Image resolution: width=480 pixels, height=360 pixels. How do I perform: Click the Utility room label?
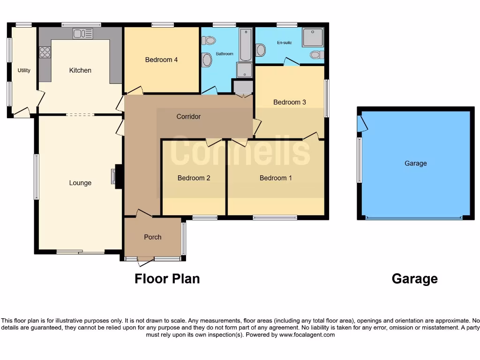[24, 70]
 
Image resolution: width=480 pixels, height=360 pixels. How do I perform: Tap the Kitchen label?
[80, 70]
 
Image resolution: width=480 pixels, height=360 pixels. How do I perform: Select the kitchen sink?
[83, 33]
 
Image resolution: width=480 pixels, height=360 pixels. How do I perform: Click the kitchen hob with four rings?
[45, 52]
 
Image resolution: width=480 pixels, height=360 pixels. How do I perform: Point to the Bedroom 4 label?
[161, 60]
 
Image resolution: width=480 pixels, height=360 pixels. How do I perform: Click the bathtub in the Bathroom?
[246, 45]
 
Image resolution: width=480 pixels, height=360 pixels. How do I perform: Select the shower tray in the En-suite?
[313, 37]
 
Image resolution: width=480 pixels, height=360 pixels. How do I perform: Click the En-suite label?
[284, 43]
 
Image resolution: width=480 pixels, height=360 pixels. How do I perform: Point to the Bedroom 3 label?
[290, 102]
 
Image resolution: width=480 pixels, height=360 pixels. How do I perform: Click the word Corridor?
[188, 116]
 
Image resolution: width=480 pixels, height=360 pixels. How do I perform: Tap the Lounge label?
[80, 183]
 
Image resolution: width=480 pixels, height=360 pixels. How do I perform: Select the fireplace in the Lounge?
[114, 176]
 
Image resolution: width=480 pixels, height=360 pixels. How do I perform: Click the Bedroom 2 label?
[194, 178]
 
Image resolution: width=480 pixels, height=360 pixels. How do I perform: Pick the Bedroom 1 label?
[276, 178]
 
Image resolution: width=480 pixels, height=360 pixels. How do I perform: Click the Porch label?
[153, 237]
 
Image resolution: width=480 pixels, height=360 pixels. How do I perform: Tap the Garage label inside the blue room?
[416, 164]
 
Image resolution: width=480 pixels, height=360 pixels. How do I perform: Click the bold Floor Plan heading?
[167, 279]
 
